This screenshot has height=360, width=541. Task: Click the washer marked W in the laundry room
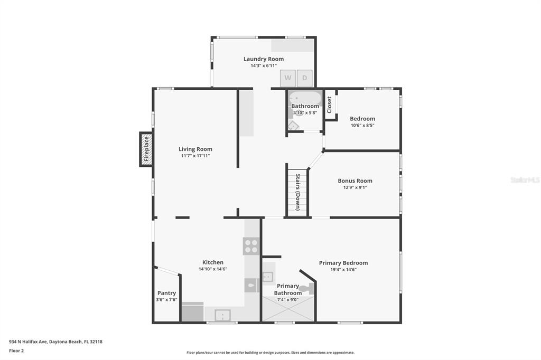click(x=287, y=78)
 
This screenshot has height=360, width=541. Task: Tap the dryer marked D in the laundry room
click(x=305, y=78)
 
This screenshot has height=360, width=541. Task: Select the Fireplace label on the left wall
click(x=146, y=149)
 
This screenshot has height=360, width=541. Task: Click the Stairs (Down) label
click(x=297, y=192)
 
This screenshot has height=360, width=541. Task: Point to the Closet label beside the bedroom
click(x=329, y=105)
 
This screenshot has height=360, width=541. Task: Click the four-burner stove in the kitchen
click(x=251, y=246)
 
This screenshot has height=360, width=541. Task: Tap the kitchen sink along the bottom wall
click(x=222, y=315)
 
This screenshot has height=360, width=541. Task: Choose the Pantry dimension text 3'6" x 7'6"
click(x=166, y=300)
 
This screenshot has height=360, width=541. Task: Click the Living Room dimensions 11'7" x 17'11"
click(x=195, y=156)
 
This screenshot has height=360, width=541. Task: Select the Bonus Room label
click(x=355, y=181)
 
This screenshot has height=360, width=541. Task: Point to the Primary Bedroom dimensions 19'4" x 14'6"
click(x=343, y=270)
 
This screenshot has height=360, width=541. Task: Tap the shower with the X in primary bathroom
click(x=288, y=309)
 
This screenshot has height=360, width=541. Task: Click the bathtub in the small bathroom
click(x=305, y=98)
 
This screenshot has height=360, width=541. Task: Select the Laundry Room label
click(x=264, y=59)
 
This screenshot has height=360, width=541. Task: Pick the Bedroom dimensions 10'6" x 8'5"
click(x=362, y=126)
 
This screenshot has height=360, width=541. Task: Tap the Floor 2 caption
click(x=16, y=351)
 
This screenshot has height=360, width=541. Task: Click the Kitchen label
click(x=213, y=262)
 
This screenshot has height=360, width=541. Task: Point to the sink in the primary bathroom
click(x=268, y=277)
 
